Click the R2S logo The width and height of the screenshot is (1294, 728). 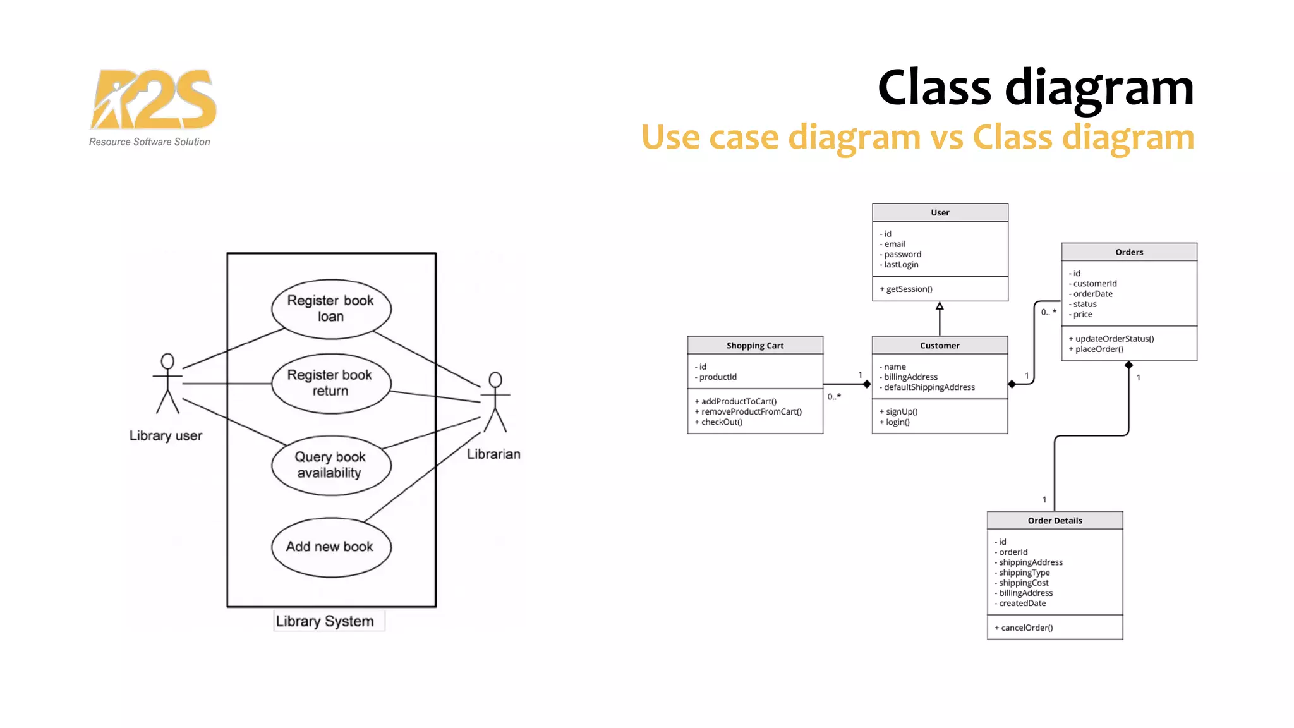click(x=154, y=101)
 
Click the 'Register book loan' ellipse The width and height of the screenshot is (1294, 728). click(x=330, y=309)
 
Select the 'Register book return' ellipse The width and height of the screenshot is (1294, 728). click(x=330, y=383)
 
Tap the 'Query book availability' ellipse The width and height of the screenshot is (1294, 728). click(x=330, y=465)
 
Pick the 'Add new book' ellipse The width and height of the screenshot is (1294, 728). click(x=330, y=547)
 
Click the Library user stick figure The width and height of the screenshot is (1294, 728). click(x=167, y=384)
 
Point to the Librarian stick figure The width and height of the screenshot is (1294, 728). click(x=495, y=402)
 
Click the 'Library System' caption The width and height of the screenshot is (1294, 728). click(x=325, y=621)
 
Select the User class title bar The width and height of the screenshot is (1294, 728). click(x=940, y=213)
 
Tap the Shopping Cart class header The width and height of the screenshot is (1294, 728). click(x=755, y=346)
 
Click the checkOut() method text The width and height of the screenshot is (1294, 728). click(x=721, y=422)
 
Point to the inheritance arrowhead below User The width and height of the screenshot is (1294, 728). click(x=940, y=306)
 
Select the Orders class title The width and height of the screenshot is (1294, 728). click(x=1129, y=252)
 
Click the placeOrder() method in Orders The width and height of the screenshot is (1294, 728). click(x=1099, y=349)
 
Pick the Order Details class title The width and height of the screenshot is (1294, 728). click(x=1055, y=521)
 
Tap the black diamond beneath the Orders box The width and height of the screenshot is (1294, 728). click(x=1128, y=365)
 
